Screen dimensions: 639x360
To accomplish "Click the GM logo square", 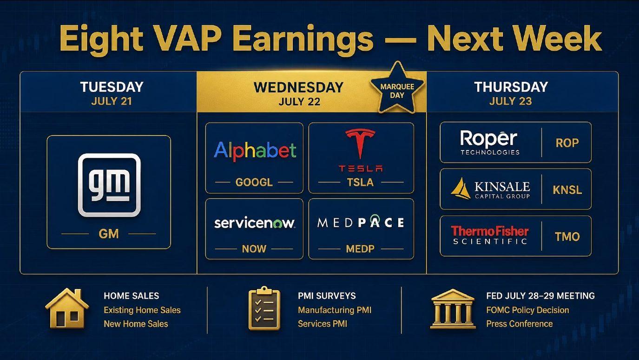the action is pos(109,185).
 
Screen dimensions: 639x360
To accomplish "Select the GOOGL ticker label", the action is pos(254,182).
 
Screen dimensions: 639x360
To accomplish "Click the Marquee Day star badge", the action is pos(397,88).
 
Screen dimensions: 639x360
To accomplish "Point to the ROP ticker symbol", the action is pos(567,143).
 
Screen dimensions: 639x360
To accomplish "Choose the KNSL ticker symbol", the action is pos(567,190).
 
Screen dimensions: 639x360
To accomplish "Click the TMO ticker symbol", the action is pos(567,236).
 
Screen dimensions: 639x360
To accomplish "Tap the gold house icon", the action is pos(67,308).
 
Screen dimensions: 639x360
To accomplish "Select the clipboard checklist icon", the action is pos(264,308).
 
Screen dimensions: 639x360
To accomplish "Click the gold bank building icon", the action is pos(453,309).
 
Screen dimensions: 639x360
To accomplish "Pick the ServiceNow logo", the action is pos(255,223).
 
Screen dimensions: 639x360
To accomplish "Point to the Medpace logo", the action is pos(361,222).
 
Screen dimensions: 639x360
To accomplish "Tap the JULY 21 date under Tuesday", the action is pos(112,101).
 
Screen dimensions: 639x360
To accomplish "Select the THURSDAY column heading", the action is pos(511,87).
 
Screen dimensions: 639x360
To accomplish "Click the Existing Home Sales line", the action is pos(142,310).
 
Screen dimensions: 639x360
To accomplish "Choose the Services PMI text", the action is pos(323,324).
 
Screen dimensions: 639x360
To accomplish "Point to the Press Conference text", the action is pos(519,324).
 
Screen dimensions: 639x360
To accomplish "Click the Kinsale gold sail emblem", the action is pos(461,188).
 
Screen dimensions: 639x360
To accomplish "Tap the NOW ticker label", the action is pos(254,249).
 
